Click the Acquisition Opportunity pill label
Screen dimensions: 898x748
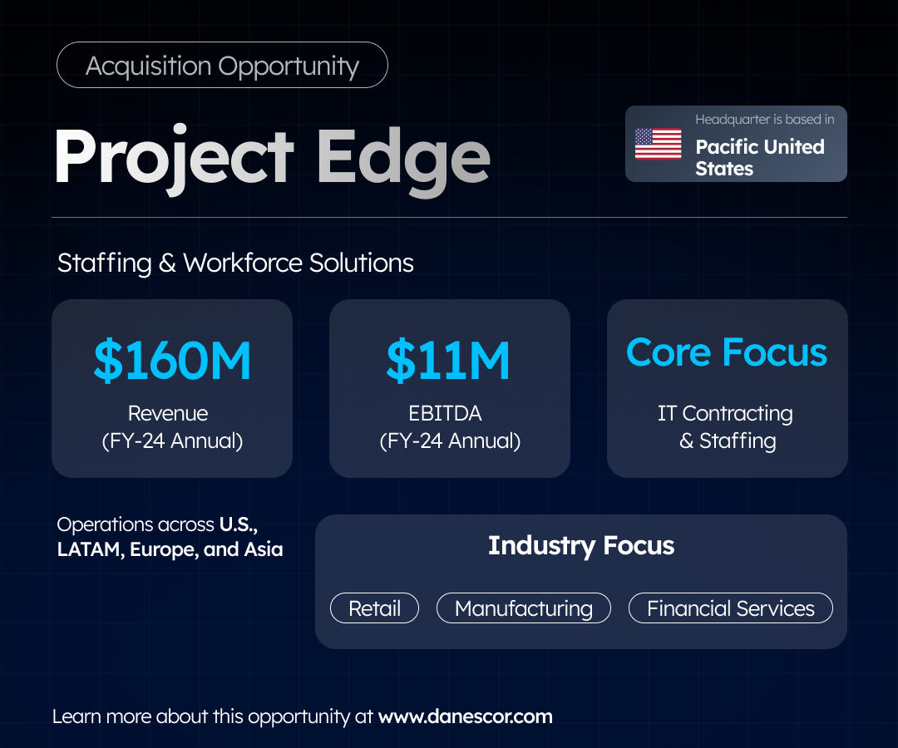222,66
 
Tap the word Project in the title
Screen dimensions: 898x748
174,159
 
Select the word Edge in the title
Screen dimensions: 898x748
403,161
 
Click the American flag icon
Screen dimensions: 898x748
658,144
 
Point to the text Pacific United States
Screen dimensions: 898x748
759,157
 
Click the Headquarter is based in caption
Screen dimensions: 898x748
765,119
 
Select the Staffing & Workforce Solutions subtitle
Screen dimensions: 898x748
235,263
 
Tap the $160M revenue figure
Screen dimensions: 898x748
172,360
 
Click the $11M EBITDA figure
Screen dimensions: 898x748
448,360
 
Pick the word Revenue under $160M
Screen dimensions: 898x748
168,413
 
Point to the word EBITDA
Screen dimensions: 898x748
445,413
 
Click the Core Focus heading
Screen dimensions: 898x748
727,352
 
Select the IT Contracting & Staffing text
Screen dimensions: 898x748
726,427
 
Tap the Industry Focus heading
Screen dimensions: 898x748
581,546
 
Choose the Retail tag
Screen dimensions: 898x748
374,608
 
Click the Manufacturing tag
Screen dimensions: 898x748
524,608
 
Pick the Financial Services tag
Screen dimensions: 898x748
731,608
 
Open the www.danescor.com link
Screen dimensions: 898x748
466,716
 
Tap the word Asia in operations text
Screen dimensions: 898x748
264,549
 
